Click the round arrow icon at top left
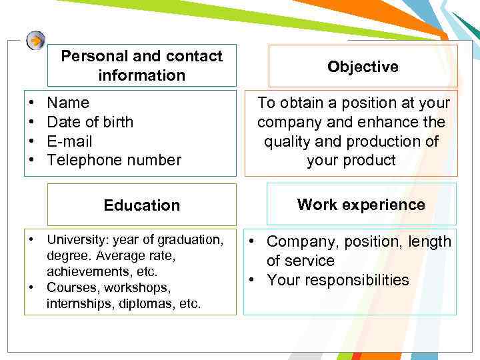(36, 41)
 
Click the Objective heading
(363, 67)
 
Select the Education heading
(141, 205)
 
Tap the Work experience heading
(361, 204)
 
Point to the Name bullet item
(68, 103)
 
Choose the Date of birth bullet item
(90, 122)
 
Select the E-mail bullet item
(69, 141)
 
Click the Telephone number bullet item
(114, 161)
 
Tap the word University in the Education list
(73, 239)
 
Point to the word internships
(77, 304)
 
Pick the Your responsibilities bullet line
(338, 280)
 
